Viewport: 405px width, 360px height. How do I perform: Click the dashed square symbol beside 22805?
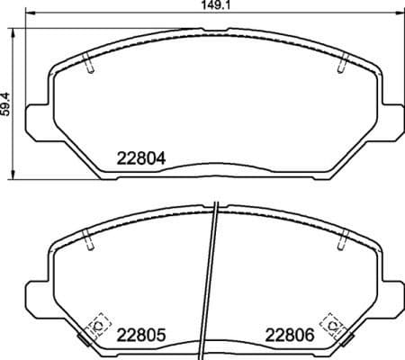(95, 324)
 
